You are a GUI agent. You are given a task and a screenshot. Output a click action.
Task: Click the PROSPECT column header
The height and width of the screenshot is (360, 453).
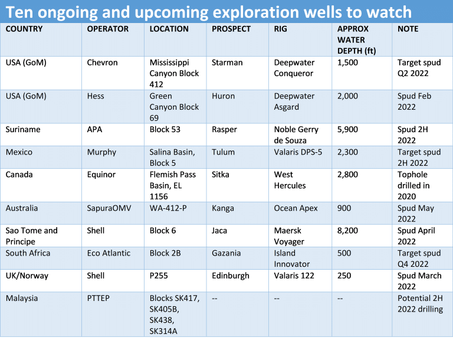pyautogui.click(x=231, y=29)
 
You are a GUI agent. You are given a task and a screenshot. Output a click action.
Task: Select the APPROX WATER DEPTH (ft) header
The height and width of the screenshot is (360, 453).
pyautogui.click(x=356, y=40)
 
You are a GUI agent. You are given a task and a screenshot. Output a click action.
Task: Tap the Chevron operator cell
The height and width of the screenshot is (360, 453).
pyautogui.click(x=102, y=63)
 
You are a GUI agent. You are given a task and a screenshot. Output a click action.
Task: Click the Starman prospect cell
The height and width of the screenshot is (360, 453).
pyautogui.click(x=227, y=63)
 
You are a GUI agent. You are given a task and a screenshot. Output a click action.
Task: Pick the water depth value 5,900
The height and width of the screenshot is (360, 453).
pyautogui.click(x=347, y=130)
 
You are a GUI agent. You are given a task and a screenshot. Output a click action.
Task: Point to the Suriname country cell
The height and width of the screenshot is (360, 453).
pyautogui.click(x=23, y=129)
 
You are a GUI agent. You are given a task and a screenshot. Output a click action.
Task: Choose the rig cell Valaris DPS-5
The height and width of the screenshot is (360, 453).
pyautogui.click(x=298, y=152)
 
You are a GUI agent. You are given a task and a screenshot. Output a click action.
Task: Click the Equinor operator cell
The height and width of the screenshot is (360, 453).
pyautogui.click(x=101, y=175)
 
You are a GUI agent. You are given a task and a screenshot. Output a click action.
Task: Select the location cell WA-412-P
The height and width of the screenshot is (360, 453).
pyautogui.click(x=168, y=208)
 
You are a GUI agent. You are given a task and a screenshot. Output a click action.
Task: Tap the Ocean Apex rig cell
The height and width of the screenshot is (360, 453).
pyautogui.click(x=296, y=208)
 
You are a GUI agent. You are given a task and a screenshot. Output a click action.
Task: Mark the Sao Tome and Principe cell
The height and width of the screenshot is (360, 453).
pyautogui.click(x=31, y=236)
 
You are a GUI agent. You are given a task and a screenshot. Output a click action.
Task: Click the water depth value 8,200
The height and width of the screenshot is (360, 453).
pyautogui.click(x=347, y=231)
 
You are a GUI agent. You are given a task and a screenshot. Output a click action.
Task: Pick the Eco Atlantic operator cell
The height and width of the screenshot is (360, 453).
pyautogui.click(x=109, y=253)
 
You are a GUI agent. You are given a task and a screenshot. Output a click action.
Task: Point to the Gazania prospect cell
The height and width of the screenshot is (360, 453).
pyautogui.click(x=226, y=253)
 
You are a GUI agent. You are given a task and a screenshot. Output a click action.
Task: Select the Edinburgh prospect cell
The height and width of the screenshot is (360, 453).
pyautogui.click(x=231, y=276)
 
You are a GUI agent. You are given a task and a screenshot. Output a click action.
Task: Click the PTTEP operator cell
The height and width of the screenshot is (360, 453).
pyautogui.click(x=99, y=298)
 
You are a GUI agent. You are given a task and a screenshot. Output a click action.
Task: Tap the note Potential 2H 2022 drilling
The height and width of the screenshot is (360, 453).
pyautogui.click(x=420, y=303)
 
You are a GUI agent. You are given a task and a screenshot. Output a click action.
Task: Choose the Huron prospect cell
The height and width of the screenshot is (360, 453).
pyautogui.click(x=224, y=96)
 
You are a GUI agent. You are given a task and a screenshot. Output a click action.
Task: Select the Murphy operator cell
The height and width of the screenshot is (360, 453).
pyautogui.click(x=101, y=152)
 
